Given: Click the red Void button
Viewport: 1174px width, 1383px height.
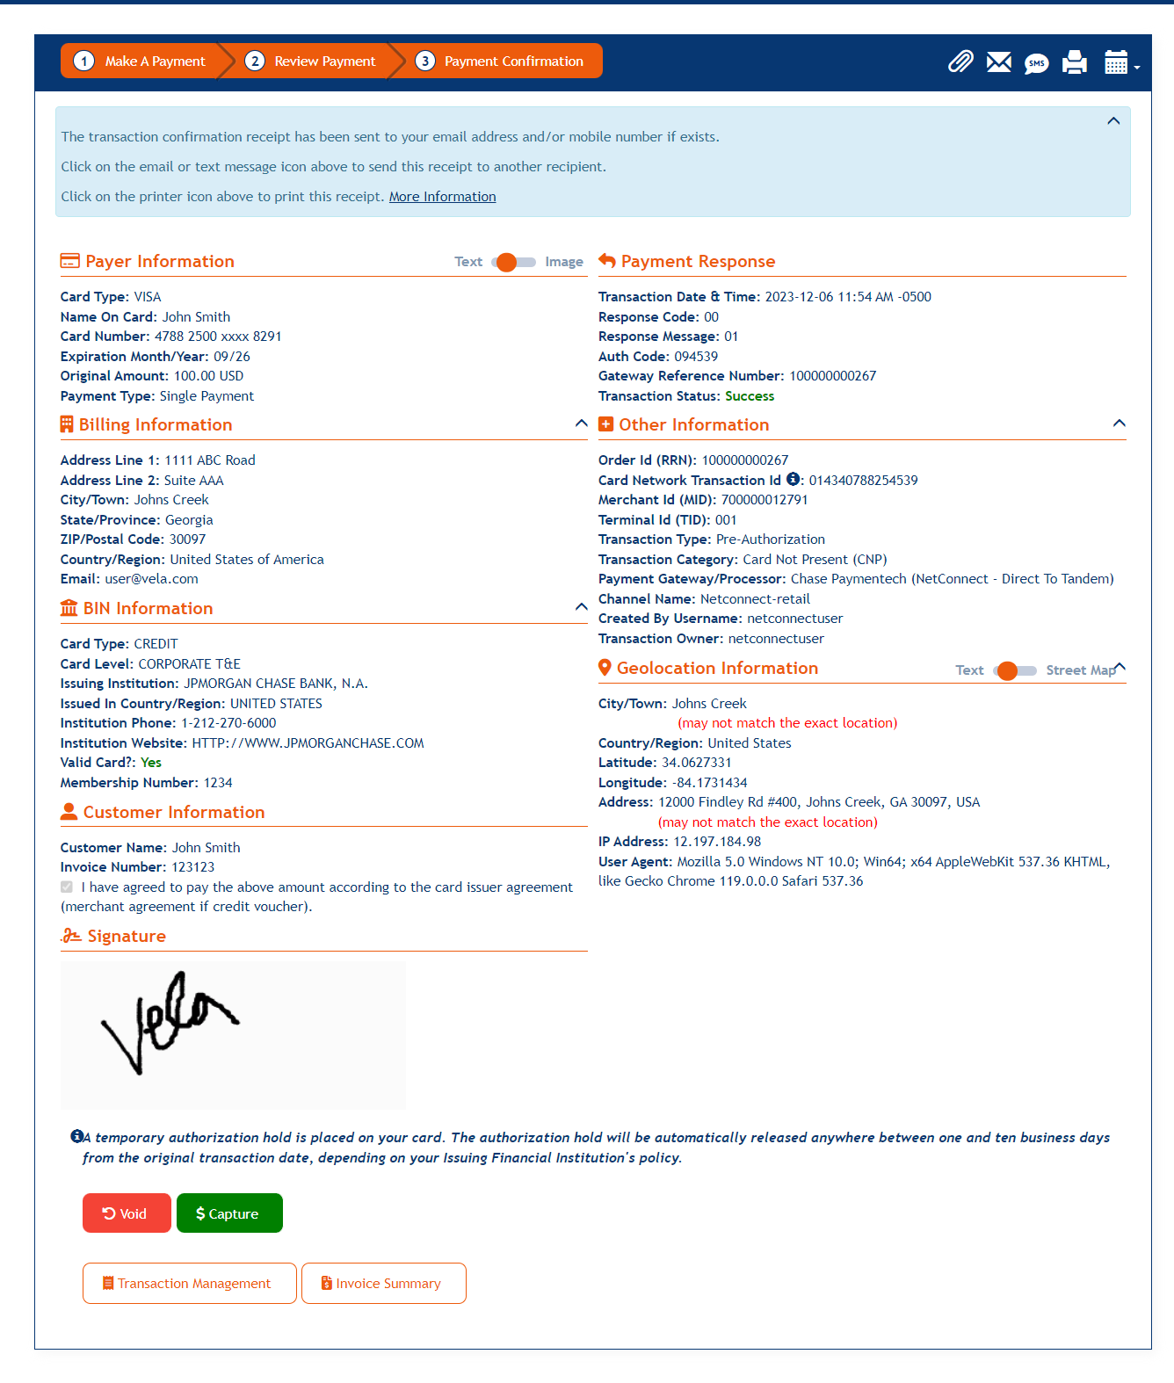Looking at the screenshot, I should click(127, 1213).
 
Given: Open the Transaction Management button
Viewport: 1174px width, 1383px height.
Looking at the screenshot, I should click(189, 1283).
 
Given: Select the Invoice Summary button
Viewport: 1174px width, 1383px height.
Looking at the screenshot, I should click(383, 1283).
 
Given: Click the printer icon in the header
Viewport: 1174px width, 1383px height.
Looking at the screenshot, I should click(1074, 62).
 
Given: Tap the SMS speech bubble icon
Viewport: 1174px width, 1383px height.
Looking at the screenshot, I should click(1036, 63).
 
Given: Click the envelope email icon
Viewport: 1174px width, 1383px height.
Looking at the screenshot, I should click(998, 62).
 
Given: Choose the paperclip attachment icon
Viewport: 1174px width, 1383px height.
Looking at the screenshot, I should click(960, 62).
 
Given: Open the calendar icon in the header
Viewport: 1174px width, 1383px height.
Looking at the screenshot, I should click(1116, 62).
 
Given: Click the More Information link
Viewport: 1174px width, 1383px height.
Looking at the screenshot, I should click(442, 197).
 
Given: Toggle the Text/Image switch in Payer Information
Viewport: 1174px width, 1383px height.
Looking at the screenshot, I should click(513, 262).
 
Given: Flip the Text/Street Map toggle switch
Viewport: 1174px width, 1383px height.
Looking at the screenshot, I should click(1014, 670).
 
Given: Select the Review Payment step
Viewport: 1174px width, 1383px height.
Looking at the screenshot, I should click(314, 62).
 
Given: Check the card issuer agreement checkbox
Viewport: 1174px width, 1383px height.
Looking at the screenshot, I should click(67, 887).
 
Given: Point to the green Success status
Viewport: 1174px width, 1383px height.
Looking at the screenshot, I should click(749, 396).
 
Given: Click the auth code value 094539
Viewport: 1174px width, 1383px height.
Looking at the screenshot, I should click(695, 357).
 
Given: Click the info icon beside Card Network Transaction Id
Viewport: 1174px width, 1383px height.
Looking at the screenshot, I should click(793, 479).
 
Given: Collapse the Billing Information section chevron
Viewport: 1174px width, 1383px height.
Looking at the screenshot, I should click(581, 424).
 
